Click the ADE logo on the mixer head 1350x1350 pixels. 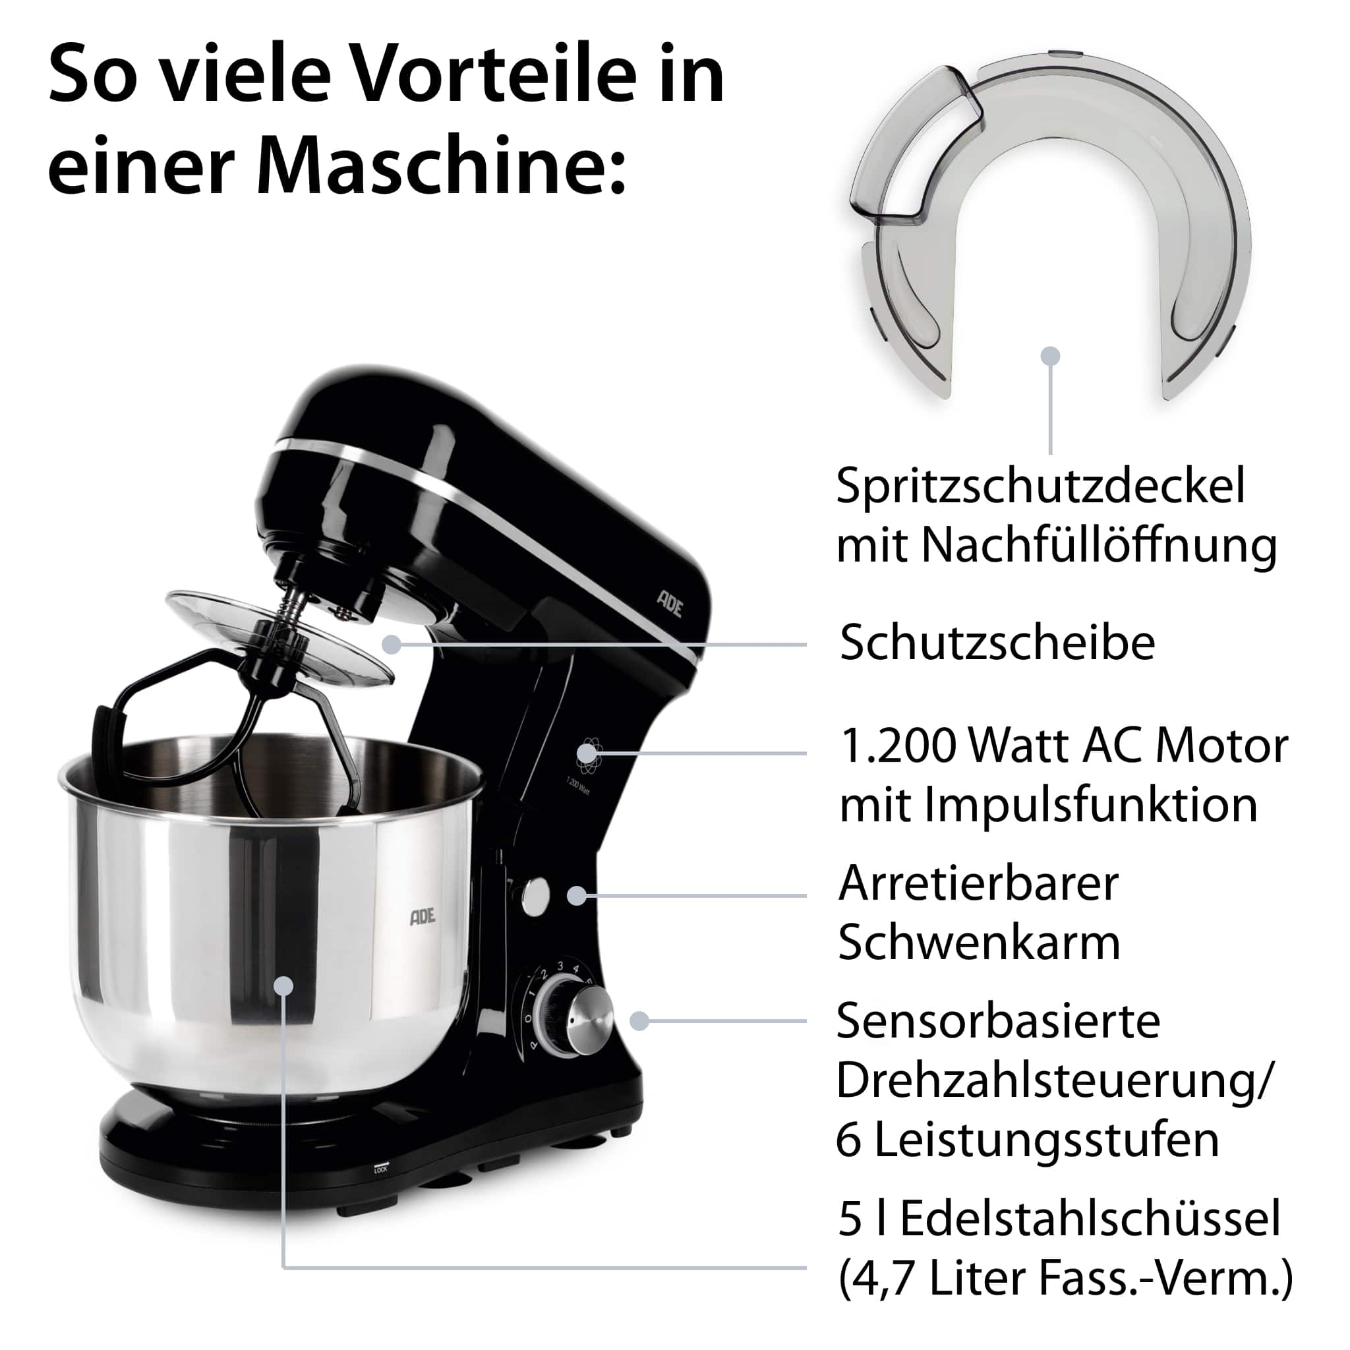tap(670, 603)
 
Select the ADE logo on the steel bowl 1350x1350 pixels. tap(422, 916)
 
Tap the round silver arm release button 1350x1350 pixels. tap(535, 896)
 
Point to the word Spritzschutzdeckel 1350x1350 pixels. tap(1040, 487)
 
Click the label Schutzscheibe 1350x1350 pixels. tap(997, 643)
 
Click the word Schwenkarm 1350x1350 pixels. tap(979, 943)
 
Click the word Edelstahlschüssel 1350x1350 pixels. tap(1090, 1219)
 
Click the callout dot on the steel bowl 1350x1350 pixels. tap(283, 986)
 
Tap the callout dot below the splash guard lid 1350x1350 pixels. tap(1050, 356)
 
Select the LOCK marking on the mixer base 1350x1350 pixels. tap(381, 1170)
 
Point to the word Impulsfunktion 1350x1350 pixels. tap(1048, 805)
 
